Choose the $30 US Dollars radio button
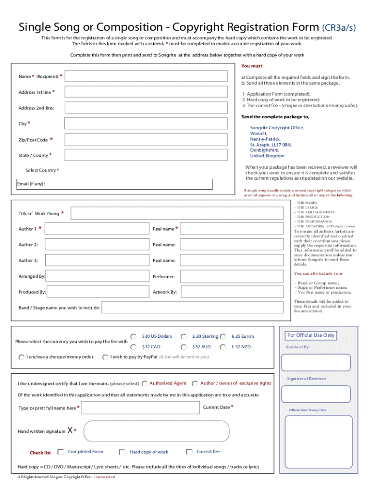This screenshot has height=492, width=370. pyautogui.click(x=133, y=336)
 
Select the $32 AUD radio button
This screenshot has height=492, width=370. pyautogui.click(x=184, y=347)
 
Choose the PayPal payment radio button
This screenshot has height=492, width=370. pyautogui.click(x=105, y=357)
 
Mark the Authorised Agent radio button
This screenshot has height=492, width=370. pyautogui.click(x=145, y=383)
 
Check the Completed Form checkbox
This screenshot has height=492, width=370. pyautogui.click(x=61, y=452)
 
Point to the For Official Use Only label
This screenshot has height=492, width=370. pyautogui.click(x=311, y=335)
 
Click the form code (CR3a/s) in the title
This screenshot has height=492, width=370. pyautogui.click(x=339, y=28)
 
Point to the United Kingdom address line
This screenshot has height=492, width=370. pyautogui.click(x=267, y=156)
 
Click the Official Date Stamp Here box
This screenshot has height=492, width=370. pyautogui.click(x=319, y=442)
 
